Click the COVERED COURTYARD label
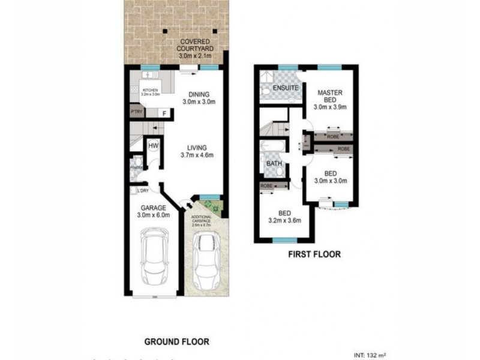coord(194,48)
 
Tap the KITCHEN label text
coord(149,92)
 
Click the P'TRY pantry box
coord(136,112)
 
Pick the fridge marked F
coord(163,113)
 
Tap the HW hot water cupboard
coord(152,145)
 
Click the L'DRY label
coord(143,191)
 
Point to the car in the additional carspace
coord(205,259)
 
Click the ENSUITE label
coord(286,89)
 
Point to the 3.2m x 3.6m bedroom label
coord(284,216)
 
